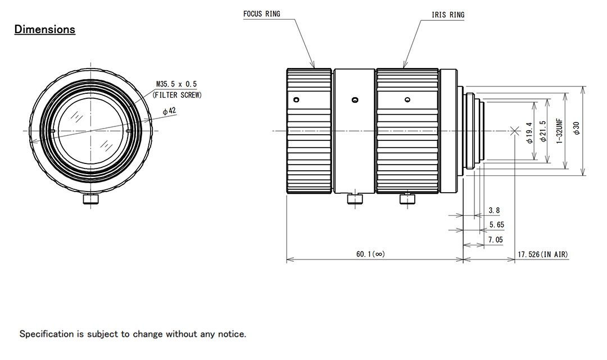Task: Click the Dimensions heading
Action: pos(45,29)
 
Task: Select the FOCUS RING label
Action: pos(261,13)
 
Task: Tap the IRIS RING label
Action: pos(448,15)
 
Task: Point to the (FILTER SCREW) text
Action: pos(177,95)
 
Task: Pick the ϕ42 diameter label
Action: pos(169,111)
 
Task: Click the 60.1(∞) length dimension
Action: pos(370,254)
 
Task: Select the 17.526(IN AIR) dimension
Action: pos(542,254)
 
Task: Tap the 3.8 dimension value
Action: pos(494,211)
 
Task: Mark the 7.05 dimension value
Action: pos(496,240)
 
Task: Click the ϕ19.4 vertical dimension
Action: pos(529,132)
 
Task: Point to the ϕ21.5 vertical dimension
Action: pos(542,131)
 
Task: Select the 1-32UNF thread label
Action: pos(559,131)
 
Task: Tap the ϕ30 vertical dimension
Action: pos(576,129)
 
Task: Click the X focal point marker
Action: pos(514,131)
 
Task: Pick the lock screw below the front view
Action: pos(90,199)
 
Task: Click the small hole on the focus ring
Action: pos(296,100)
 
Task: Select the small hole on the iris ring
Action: pos(407,100)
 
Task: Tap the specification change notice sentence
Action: pos(133,334)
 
